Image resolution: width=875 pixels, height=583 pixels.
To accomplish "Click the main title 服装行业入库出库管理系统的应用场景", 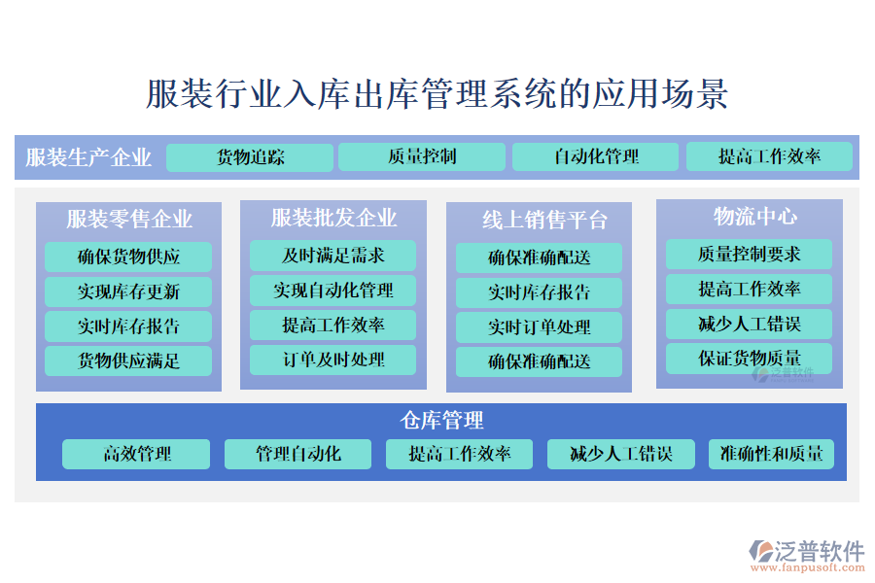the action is click(x=437, y=93).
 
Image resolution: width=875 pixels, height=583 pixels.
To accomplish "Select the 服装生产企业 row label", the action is click(x=88, y=157).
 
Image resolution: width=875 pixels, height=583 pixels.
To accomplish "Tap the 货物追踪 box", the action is click(x=250, y=157).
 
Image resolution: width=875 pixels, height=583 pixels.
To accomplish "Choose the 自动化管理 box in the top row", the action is click(x=595, y=156).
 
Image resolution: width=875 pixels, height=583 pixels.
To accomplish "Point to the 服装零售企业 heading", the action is click(x=129, y=219).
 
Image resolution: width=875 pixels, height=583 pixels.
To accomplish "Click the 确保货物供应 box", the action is click(x=128, y=257).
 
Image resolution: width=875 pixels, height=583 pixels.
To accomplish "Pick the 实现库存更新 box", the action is click(x=128, y=291).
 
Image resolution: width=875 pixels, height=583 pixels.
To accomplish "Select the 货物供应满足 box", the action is click(x=128, y=360).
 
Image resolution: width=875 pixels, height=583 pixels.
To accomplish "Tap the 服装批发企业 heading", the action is click(x=333, y=218).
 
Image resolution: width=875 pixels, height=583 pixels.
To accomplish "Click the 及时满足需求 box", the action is click(x=333, y=256).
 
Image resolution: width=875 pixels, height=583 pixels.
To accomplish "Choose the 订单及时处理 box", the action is click(x=333, y=360).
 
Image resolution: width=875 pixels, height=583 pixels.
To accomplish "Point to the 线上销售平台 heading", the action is click(x=544, y=220).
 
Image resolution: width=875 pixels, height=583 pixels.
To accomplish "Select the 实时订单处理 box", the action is click(x=539, y=326).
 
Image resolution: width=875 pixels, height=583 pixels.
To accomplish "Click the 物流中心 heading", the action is click(x=755, y=217).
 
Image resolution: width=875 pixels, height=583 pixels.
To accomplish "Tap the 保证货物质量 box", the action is click(x=749, y=359).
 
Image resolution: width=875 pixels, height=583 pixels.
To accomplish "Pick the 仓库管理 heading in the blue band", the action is click(x=441, y=420).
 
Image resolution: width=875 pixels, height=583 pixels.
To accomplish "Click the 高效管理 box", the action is click(x=136, y=454).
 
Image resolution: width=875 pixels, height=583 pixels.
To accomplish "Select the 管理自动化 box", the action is click(x=298, y=454).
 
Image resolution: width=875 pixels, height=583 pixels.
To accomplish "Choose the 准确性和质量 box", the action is click(x=771, y=454).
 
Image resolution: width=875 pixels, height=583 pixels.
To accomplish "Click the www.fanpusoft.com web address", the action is click(x=808, y=567).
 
